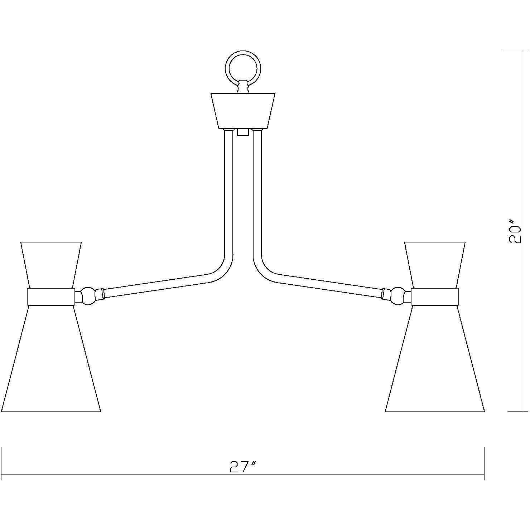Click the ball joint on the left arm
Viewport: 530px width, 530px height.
coord(87,296)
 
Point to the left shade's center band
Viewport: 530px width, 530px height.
coord(50,297)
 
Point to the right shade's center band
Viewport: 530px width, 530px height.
coord(435,297)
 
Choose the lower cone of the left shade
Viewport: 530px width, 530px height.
coord(50,362)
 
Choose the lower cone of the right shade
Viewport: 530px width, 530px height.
coord(435,362)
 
